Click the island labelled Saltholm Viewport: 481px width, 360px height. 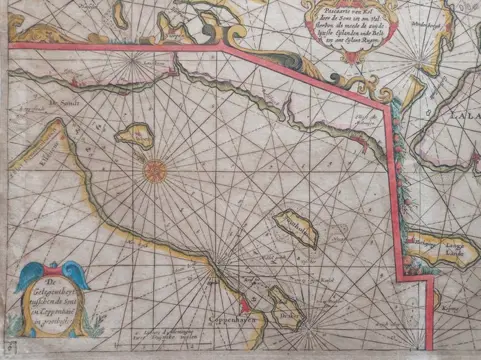(297, 229)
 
